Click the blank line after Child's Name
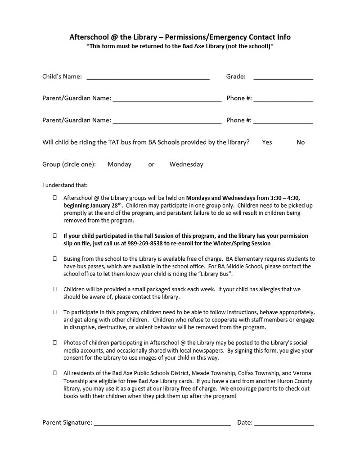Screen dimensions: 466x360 coord(148,78)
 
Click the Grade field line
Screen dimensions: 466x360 coord(283,78)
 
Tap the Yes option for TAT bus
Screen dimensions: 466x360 coord(267,142)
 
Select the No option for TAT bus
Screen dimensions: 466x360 coord(301,142)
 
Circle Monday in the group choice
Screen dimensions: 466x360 coord(119,164)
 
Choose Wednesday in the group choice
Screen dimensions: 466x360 coord(186,164)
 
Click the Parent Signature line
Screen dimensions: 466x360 coord(162,424)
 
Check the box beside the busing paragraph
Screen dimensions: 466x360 coord(55,259)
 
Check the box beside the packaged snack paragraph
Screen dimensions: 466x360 coord(55,290)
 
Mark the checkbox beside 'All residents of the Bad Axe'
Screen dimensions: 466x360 coord(55,373)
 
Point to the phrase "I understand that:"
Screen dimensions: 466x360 coord(65,185)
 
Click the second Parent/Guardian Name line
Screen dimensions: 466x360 coord(167,121)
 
